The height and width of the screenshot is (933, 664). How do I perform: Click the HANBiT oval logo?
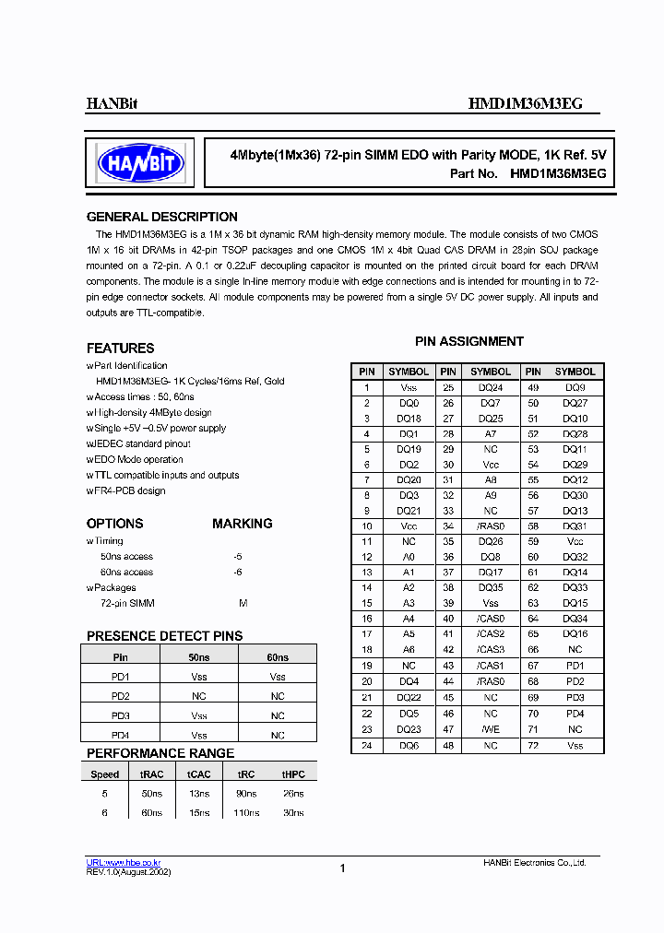pyautogui.click(x=140, y=164)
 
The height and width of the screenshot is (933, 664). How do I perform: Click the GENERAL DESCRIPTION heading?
pyautogui.click(x=161, y=217)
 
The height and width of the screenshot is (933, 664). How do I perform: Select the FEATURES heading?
pyautogui.click(x=120, y=348)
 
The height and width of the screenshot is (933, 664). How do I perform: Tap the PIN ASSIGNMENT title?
pyautogui.click(x=468, y=341)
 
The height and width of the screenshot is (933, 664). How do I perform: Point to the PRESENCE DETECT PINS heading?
pyautogui.click(x=164, y=636)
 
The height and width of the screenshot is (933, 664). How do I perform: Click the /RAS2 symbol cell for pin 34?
pyautogui.click(x=491, y=526)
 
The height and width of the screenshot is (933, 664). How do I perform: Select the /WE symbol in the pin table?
pyautogui.click(x=491, y=729)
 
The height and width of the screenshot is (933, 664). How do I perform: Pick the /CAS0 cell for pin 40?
pyautogui.click(x=491, y=619)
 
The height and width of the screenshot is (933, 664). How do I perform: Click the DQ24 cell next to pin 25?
pyautogui.click(x=491, y=388)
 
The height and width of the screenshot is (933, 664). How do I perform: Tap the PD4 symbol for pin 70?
pyautogui.click(x=575, y=714)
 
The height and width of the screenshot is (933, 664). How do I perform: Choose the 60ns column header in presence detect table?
pyautogui.click(x=278, y=657)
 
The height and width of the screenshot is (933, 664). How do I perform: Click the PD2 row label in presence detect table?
pyautogui.click(x=120, y=696)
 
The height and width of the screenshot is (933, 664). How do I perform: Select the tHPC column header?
pyautogui.click(x=292, y=774)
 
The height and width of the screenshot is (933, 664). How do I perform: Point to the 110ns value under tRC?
pyautogui.click(x=246, y=813)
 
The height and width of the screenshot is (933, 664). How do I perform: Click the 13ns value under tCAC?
pyautogui.click(x=198, y=793)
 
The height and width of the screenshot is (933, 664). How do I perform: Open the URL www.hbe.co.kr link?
pyautogui.click(x=124, y=862)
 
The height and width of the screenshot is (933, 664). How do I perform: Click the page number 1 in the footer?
pyautogui.click(x=342, y=868)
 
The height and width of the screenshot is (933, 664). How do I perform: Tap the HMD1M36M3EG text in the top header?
pyautogui.click(x=525, y=104)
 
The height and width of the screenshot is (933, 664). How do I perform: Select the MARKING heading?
pyautogui.click(x=242, y=524)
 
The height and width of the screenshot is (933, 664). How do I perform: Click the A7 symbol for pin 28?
pyautogui.click(x=491, y=433)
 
